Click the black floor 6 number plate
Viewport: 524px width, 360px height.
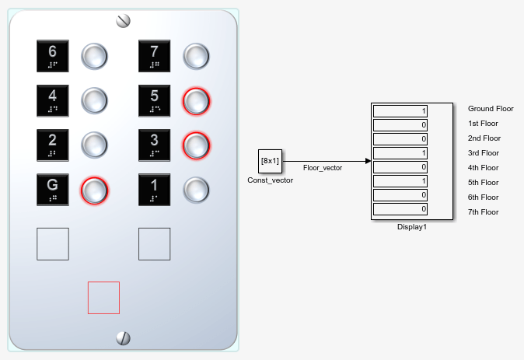tap(53, 56)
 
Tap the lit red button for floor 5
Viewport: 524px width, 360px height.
tap(196, 101)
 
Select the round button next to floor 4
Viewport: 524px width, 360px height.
tap(94, 100)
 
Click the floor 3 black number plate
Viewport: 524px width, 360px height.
tap(155, 145)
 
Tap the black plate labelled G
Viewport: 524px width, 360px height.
tap(53, 190)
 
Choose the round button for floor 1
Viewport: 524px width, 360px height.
tap(196, 190)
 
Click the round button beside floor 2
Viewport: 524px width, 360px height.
tap(94, 145)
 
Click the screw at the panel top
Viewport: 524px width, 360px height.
tap(123, 21)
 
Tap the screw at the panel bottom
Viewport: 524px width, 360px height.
tap(123, 338)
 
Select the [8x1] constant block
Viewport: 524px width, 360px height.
tap(270, 161)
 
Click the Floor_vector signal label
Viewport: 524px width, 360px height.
tap(323, 168)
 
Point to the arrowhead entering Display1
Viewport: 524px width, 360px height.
tap(369, 161)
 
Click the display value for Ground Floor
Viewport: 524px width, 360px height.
tap(400, 111)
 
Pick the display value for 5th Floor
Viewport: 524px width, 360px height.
tap(400, 181)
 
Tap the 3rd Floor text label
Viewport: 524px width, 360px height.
tap(484, 153)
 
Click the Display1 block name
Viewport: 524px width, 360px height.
tap(412, 227)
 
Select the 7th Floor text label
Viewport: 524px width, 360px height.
tap(484, 212)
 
